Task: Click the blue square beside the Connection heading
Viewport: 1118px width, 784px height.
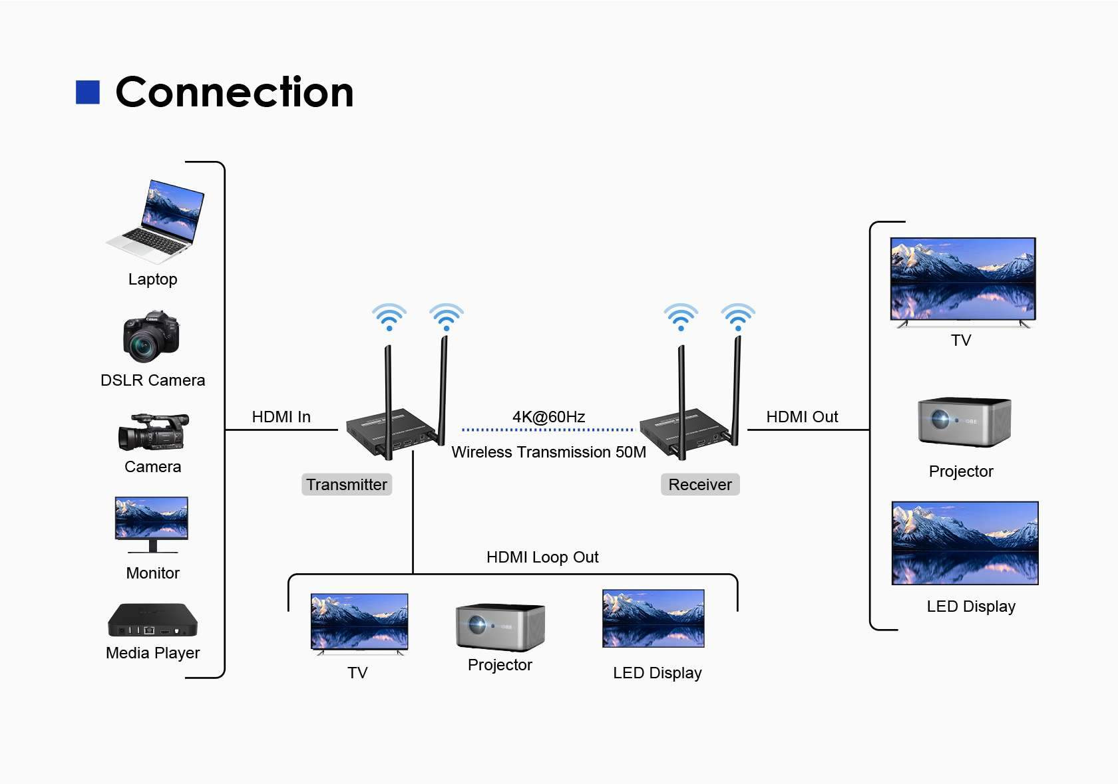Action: click(88, 92)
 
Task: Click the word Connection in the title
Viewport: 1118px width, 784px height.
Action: click(234, 92)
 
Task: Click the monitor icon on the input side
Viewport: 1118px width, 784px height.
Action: click(152, 523)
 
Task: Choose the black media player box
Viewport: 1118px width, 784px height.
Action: click(152, 620)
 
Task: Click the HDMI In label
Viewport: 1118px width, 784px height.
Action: click(281, 417)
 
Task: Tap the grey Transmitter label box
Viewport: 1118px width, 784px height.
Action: click(347, 485)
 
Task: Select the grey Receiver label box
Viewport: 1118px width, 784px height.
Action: click(699, 485)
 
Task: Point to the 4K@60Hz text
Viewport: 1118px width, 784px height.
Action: click(548, 417)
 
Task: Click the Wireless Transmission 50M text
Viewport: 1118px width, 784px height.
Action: click(548, 452)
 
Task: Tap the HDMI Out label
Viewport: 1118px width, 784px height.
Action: click(802, 417)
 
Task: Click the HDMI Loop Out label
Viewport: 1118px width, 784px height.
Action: click(542, 557)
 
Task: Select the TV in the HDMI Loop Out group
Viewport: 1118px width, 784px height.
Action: click(359, 622)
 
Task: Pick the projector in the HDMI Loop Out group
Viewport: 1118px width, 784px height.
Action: click(500, 627)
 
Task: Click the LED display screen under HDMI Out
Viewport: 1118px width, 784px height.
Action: click(964, 543)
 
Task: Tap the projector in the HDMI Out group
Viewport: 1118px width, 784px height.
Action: click(964, 422)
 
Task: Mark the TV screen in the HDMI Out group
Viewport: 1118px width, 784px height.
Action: click(963, 279)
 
